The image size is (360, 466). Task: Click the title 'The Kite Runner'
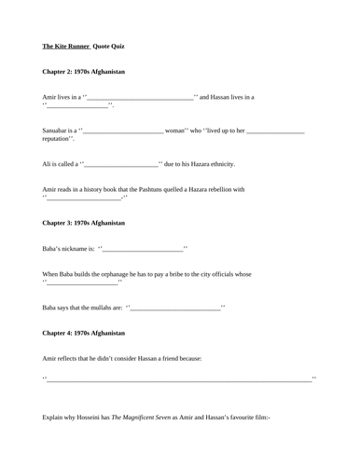pyautogui.click(x=65, y=45)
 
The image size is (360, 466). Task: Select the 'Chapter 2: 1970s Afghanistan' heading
pyautogui.click(x=84, y=71)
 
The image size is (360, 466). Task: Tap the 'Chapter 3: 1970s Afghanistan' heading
pyautogui.click(x=84, y=223)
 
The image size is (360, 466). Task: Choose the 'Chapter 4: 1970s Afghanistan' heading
pyautogui.click(x=84, y=333)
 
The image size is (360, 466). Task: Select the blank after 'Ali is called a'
pyautogui.click(x=122, y=165)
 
